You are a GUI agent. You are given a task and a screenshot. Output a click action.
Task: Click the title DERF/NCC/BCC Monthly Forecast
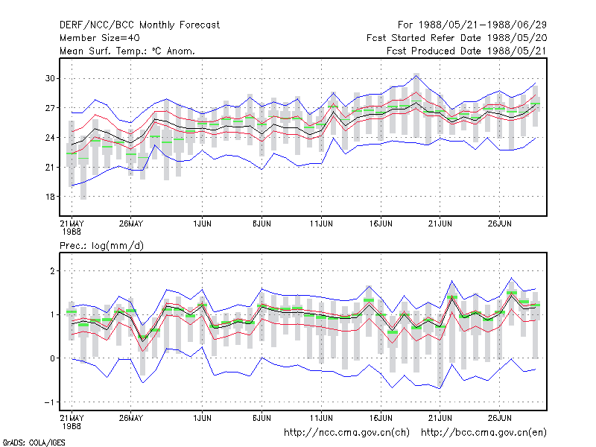139,25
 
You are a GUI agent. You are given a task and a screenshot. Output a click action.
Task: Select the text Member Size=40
100,38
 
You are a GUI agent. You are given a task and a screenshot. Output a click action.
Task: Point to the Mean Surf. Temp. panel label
127,51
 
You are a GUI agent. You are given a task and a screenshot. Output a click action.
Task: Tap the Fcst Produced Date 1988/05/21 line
466,51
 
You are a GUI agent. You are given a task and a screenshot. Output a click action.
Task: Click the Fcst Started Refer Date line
457,38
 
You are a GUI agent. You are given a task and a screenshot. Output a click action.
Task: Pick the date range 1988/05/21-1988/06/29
482,25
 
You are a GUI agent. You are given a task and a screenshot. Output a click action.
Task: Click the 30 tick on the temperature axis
50,79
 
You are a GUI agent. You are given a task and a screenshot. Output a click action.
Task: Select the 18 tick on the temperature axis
50,197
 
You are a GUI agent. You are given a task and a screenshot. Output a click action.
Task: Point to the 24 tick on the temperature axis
50,138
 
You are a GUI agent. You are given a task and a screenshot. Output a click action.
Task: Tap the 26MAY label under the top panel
131,224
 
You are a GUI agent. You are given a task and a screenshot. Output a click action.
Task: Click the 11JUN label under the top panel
321,224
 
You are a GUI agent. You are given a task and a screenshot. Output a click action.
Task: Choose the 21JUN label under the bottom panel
440,418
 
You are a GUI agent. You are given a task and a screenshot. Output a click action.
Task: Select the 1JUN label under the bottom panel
202,418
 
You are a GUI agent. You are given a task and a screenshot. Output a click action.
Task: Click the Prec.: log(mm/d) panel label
101,246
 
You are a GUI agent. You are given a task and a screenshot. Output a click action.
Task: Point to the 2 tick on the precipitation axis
52,271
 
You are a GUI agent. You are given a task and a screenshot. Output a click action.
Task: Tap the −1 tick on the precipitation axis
49,402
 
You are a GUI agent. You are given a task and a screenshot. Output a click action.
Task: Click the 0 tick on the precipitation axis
52,358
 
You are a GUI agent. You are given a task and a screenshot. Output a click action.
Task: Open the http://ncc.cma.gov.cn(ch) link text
346,433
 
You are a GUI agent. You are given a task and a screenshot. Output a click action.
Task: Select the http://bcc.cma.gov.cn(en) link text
484,433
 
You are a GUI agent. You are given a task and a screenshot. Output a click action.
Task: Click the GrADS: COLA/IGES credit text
34,443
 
